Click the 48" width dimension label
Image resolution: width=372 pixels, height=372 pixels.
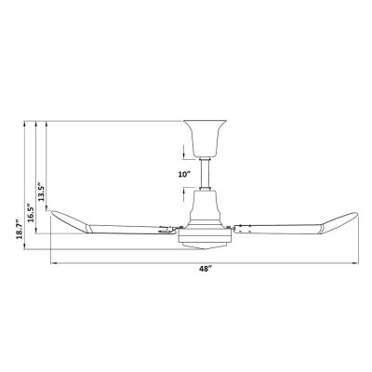point(205,269)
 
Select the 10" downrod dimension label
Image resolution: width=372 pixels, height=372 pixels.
point(184,175)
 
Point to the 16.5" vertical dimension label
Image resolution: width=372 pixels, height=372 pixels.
point(31,213)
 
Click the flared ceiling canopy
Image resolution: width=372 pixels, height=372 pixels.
point(205,139)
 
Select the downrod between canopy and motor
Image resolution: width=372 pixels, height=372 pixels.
point(205,174)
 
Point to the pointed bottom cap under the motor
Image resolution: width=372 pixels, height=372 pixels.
point(205,246)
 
